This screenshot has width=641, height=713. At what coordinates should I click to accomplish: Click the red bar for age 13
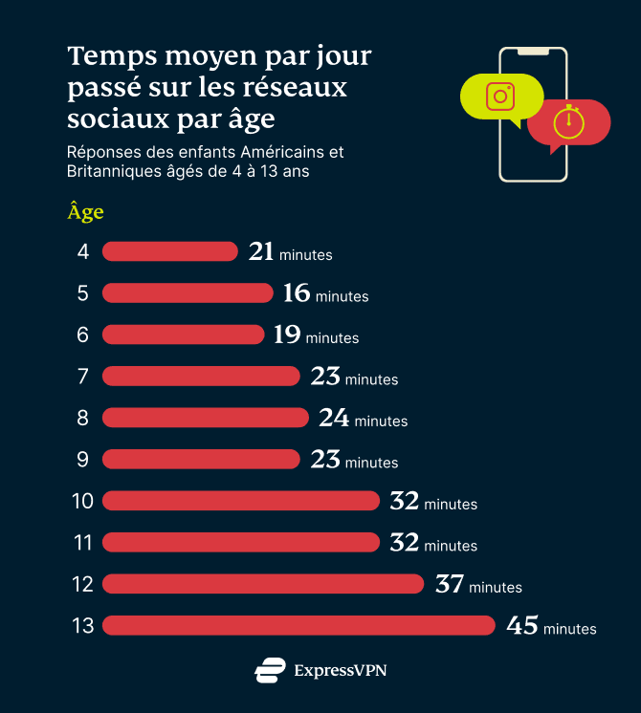coord(298,625)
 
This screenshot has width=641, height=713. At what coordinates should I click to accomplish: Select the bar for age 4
coord(169,251)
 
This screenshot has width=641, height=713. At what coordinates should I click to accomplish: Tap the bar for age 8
coord(206,418)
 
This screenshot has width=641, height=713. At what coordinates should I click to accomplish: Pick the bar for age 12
coord(263,583)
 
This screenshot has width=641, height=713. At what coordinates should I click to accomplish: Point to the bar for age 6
coord(183,335)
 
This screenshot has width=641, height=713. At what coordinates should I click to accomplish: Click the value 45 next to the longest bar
coord(522,625)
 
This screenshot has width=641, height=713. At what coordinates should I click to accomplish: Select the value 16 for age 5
coord(297,293)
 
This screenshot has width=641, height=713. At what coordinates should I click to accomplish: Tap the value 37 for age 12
coord(450,583)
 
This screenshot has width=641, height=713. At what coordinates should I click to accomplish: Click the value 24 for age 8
coord(334,418)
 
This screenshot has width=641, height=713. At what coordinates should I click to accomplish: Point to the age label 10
coord(82,501)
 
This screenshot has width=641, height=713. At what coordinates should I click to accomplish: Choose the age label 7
coord(82,377)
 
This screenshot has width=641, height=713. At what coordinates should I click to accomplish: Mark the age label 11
coord(82,542)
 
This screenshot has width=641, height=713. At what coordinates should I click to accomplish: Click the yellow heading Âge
coord(85,211)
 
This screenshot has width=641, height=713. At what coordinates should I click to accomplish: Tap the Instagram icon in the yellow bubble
coord(500,97)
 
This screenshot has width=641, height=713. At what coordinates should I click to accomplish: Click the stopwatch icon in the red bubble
coord(568,121)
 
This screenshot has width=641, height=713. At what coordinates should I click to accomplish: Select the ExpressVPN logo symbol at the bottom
coord(270,670)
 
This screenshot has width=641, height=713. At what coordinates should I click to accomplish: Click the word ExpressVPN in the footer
coord(341,670)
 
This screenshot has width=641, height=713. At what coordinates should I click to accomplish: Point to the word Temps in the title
coord(107,56)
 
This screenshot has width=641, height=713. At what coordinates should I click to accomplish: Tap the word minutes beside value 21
coord(306,255)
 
